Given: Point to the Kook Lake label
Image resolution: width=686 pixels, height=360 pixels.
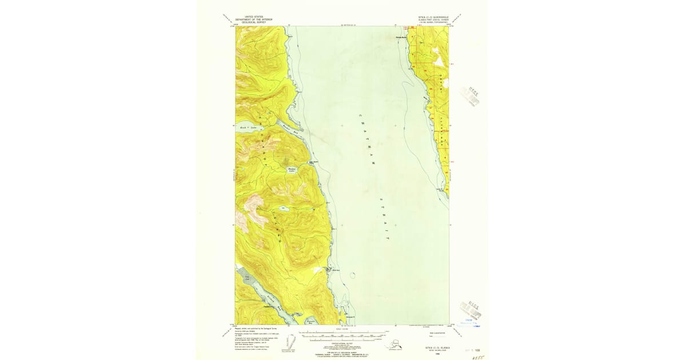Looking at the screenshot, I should point(248,128).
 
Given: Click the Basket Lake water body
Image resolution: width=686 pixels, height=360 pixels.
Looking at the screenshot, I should point(292,170).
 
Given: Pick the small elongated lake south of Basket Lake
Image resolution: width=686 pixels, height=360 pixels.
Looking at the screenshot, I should point(284,209).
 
